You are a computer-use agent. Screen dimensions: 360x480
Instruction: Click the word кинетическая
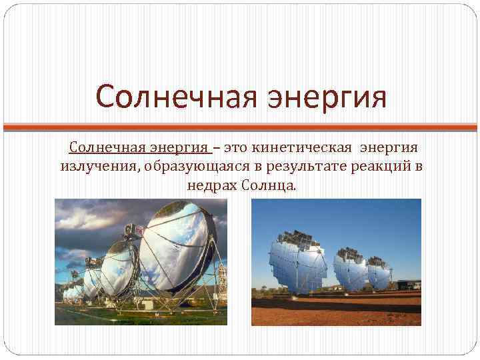click(306, 146)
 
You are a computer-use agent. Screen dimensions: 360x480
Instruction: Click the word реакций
click(381, 165)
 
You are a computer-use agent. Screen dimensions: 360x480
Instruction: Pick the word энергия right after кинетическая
click(391, 146)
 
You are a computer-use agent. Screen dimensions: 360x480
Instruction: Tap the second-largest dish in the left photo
click(121, 263)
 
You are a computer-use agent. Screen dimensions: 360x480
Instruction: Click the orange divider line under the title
click(240, 125)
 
